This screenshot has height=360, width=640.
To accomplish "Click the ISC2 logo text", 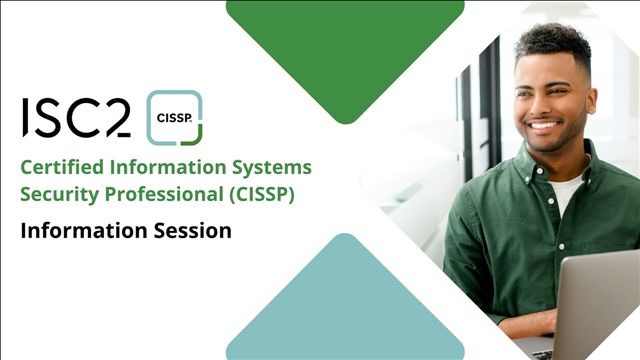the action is [x=76, y=118].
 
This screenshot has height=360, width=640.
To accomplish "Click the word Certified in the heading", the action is [x=62, y=167].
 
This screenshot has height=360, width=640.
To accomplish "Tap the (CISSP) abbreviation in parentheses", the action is [x=262, y=194].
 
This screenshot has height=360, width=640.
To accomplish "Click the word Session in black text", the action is [x=193, y=231].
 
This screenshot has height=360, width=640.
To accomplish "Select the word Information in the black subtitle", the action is [x=84, y=231].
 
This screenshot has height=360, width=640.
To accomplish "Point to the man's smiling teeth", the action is [x=543, y=125].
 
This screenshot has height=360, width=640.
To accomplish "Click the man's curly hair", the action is [x=553, y=41].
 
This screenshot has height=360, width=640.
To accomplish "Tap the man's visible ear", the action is [x=591, y=102].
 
